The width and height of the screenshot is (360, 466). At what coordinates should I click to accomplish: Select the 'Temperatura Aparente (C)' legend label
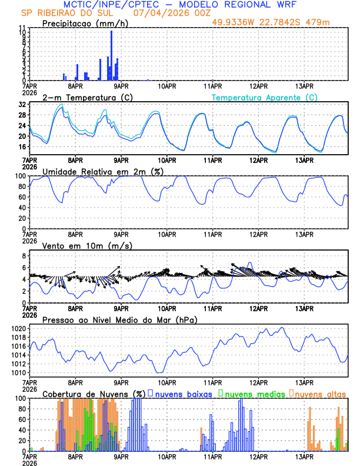[x=265, y=97]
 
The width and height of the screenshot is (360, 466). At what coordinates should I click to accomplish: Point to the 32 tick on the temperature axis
[x=21, y=104]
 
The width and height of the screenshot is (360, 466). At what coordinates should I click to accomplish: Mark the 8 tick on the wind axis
[x=24, y=256]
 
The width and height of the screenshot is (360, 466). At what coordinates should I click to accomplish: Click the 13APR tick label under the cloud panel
[x=304, y=456]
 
